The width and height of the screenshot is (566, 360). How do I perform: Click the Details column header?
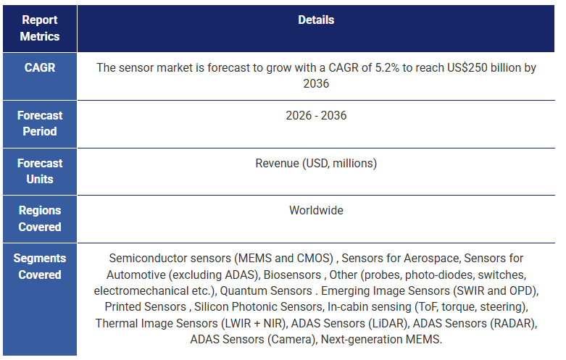(x=316, y=20)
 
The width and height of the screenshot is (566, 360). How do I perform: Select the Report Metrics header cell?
(x=40, y=28)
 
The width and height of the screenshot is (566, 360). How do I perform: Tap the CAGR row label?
(x=40, y=68)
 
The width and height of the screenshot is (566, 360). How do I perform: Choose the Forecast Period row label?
(x=40, y=123)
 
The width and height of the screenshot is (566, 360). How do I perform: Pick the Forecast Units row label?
(x=40, y=171)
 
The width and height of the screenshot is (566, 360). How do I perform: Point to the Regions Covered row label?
(x=40, y=219)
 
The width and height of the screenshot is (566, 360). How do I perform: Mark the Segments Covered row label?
(x=40, y=267)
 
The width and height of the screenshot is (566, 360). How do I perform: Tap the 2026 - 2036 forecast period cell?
(x=316, y=115)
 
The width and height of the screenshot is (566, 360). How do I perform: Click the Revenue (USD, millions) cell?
(x=316, y=163)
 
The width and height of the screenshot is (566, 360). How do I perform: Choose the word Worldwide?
(x=316, y=211)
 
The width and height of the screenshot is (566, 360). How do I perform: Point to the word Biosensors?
(x=293, y=275)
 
